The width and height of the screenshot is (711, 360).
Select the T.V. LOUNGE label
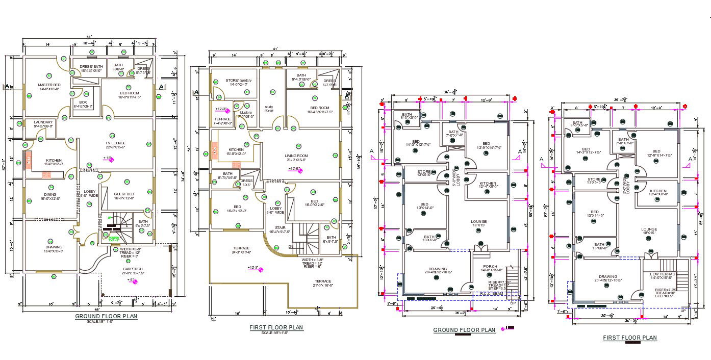click(x=115, y=143)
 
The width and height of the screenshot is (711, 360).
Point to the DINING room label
click(x=49, y=194)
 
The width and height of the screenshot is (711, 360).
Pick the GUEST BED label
click(x=123, y=194)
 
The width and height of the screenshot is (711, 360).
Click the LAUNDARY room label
click(x=43, y=122)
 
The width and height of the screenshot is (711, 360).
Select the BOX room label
click(x=83, y=102)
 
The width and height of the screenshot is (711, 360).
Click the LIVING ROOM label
click(x=296, y=156)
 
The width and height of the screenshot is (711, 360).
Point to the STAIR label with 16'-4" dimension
click(x=281, y=227)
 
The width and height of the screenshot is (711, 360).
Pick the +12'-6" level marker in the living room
click(x=295, y=169)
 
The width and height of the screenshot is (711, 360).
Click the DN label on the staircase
click(x=291, y=246)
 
